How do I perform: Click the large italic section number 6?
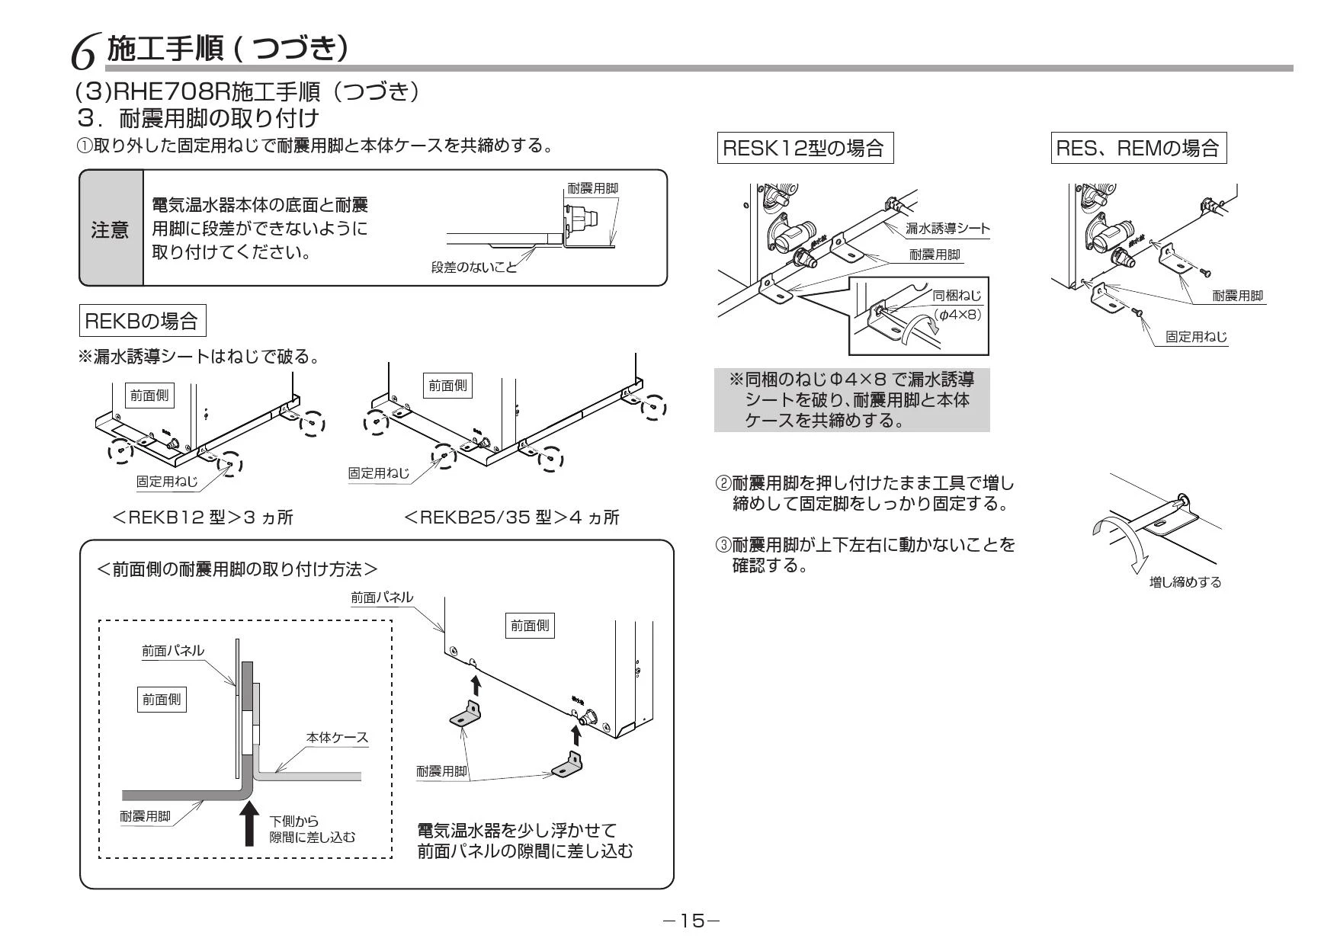84,53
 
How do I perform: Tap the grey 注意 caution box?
111,229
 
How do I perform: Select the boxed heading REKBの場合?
143,320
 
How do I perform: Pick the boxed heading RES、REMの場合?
1139,147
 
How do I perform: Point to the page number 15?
691,921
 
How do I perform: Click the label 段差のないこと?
473,267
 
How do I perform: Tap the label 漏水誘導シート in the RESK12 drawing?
947,229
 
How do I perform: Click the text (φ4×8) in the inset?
958,314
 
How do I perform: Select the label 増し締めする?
1185,582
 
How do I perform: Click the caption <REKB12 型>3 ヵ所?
203,517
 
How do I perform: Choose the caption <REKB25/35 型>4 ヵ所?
511,517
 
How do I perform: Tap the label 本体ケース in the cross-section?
337,737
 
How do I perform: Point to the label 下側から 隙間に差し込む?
313,829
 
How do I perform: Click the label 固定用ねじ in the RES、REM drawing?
1196,336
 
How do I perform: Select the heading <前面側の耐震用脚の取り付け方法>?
238,569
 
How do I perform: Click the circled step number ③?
723,545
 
